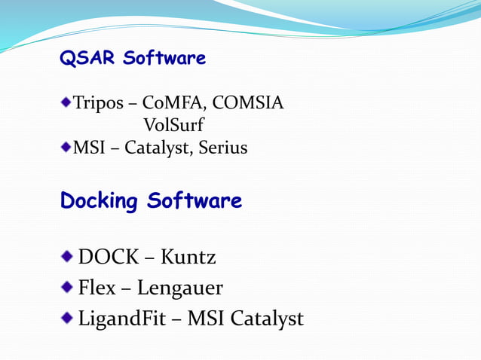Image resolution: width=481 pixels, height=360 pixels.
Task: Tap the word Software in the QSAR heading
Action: (x=164, y=59)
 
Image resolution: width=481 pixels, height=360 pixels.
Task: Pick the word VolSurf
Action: (x=173, y=125)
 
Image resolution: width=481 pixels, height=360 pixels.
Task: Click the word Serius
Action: (x=223, y=148)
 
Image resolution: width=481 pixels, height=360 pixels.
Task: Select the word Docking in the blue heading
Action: (x=100, y=202)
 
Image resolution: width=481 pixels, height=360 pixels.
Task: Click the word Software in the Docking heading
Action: (x=195, y=201)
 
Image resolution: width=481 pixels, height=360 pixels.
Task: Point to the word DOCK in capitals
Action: (x=108, y=258)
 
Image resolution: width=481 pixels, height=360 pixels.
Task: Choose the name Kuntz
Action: (x=188, y=258)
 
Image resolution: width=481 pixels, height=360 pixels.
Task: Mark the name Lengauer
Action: (x=181, y=288)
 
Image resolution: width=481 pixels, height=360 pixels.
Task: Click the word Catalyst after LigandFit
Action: (x=267, y=319)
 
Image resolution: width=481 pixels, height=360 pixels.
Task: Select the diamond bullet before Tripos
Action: (x=66, y=102)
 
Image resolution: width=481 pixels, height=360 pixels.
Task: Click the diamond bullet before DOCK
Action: (x=68, y=256)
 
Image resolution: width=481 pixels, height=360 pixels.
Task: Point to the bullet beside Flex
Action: (x=68, y=286)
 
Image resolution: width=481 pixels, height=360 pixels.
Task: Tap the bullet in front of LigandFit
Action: (x=68, y=316)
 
